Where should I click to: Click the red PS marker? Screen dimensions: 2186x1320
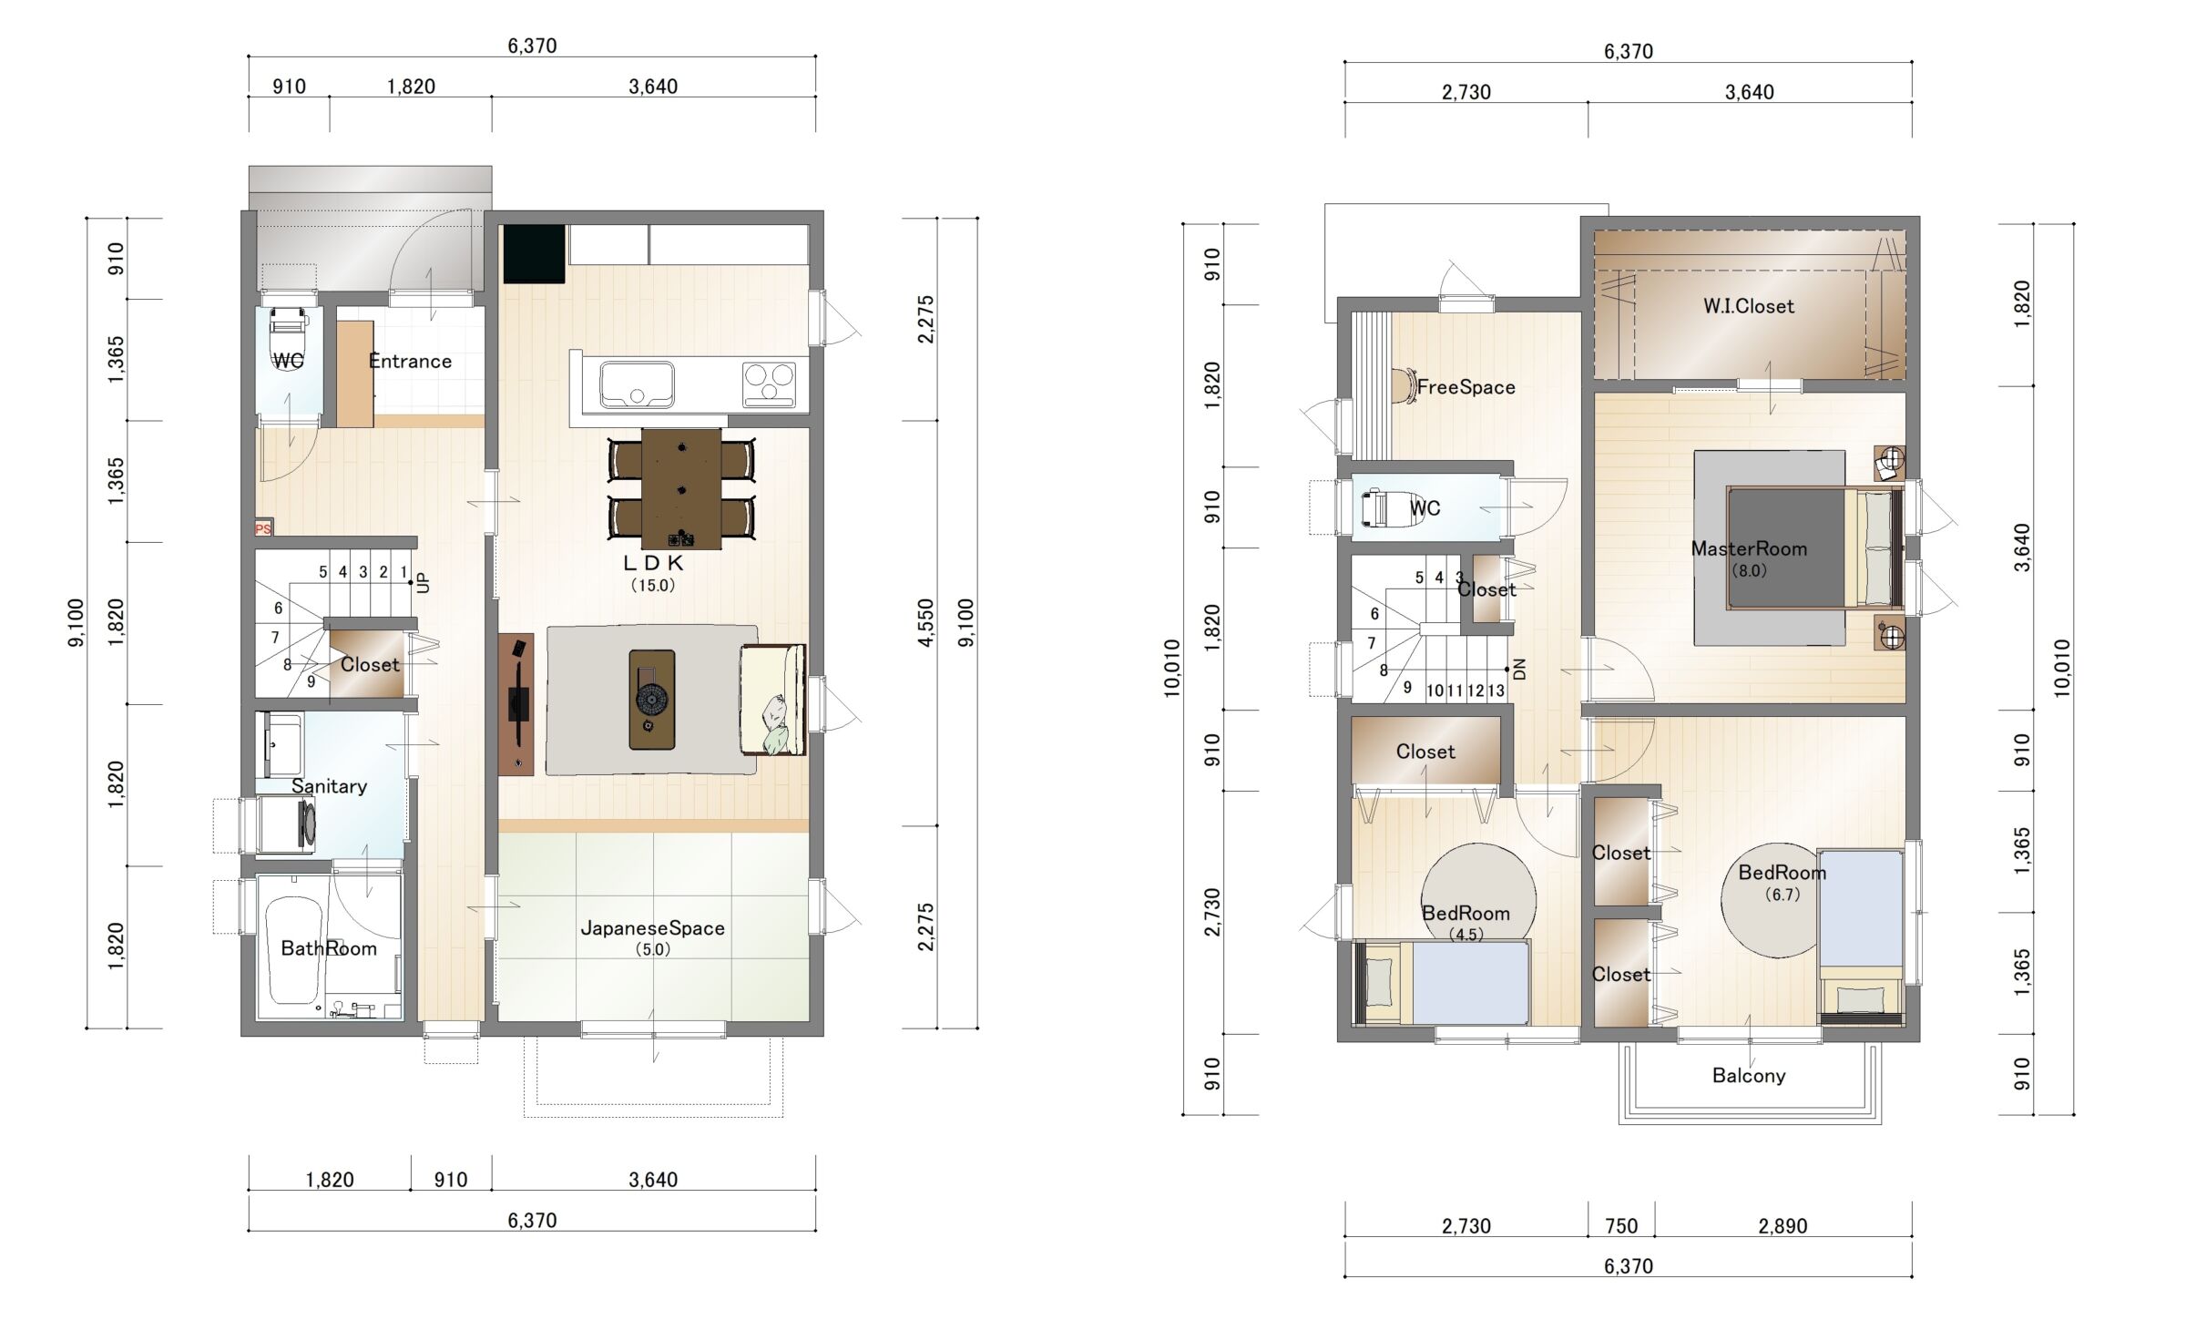pos(263,528)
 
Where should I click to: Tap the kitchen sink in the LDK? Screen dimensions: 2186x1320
pos(637,384)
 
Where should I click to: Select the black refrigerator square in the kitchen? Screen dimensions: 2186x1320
pos(535,254)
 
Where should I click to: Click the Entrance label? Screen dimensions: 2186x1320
pos(410,361)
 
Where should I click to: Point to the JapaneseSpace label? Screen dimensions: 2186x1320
pos(653,928)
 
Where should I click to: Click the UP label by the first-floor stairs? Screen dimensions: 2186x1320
pos(423,582)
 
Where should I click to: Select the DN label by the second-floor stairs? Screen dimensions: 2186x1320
pos(1519,670)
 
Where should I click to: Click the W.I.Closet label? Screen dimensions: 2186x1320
pos(1749,306)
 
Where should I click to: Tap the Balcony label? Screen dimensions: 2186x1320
pos(1749,1075)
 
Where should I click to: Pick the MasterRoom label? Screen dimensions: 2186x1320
pos(1749,548)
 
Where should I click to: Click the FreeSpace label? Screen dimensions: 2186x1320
pos(1466,387)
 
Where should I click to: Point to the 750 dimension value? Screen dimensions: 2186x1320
pos(1621,1225)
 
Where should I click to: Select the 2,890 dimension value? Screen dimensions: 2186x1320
pos(1783,1225)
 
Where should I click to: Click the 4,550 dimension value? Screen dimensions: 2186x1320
pos(925,623)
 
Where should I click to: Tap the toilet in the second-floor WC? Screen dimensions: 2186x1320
pos(1377,508)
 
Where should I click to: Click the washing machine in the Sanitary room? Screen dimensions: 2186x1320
pos(287,824)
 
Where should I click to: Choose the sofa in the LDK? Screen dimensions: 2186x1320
pos(773,700)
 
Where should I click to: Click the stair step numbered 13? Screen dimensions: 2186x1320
pos(1496,691)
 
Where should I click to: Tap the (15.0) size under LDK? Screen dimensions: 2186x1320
pos(653,585)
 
